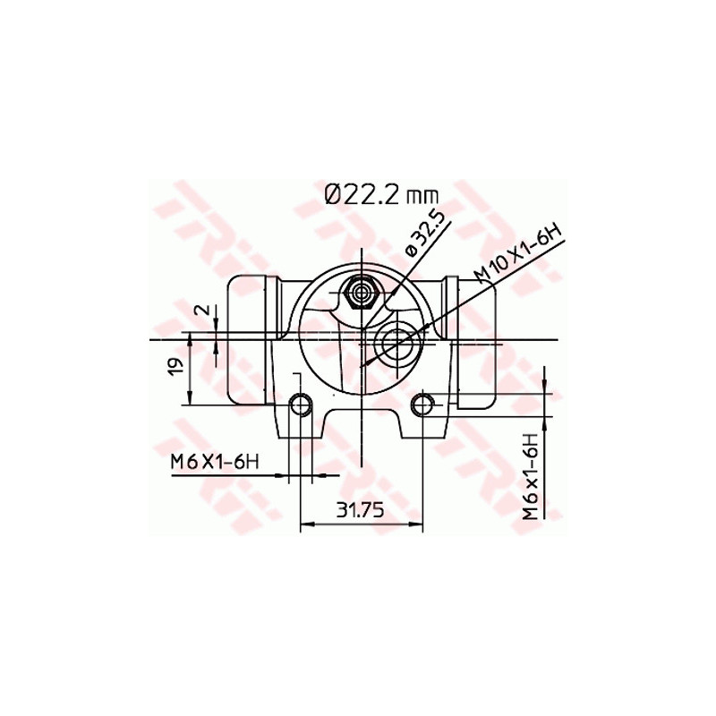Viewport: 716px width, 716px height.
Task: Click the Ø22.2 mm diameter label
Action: tap(381, 194)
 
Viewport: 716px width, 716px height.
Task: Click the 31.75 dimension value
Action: tap(361, 510)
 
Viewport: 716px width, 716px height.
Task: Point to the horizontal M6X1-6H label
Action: tap(215, 462)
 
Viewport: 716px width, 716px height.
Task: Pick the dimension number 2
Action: tap(202, 310)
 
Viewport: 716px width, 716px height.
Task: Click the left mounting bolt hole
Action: tap(302, 405)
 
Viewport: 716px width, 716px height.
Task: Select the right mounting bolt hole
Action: tap(422, 405)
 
